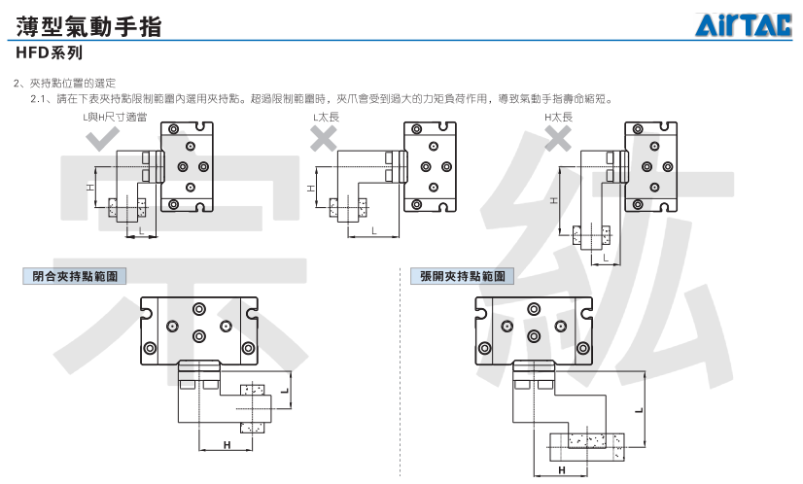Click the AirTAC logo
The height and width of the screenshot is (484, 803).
click(x=743, y=24)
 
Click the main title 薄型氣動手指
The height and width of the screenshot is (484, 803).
click(x=88, y=26)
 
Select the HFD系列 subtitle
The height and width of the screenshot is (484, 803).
click(x=50, y=52)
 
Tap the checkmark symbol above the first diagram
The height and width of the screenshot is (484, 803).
click(x=102, y=138)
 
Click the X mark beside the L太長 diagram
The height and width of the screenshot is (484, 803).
click(x=324, y=137)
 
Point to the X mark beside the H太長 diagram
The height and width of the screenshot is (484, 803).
click(x=558, y=137)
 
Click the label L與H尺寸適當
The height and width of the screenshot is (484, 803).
click(x=115, y=118)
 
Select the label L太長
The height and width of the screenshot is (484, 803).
click(x=327, y=118)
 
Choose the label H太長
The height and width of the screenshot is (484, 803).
click(x=558, y=118)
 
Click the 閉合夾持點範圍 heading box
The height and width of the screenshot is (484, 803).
click(x=75, y=277)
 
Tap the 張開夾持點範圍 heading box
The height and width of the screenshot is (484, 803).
click(x=462, y=277)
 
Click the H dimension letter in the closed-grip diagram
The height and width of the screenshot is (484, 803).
click(x=227, y=445)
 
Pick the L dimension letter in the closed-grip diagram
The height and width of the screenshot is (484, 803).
click(x=284, y=392)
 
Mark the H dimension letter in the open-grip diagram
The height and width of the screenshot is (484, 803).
click(x=562, y=470)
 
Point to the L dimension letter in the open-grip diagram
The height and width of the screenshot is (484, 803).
click(x=639, y=411)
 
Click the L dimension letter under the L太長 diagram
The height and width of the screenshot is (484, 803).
click(x=374, y=231)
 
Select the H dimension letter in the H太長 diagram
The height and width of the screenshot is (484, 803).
click(x=553, y=201)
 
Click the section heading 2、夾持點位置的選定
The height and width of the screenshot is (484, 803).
click(x=65, y=83)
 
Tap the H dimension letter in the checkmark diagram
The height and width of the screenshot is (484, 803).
click(x=90, y=188)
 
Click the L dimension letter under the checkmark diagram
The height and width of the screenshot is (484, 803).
click(x=141, y=231)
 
